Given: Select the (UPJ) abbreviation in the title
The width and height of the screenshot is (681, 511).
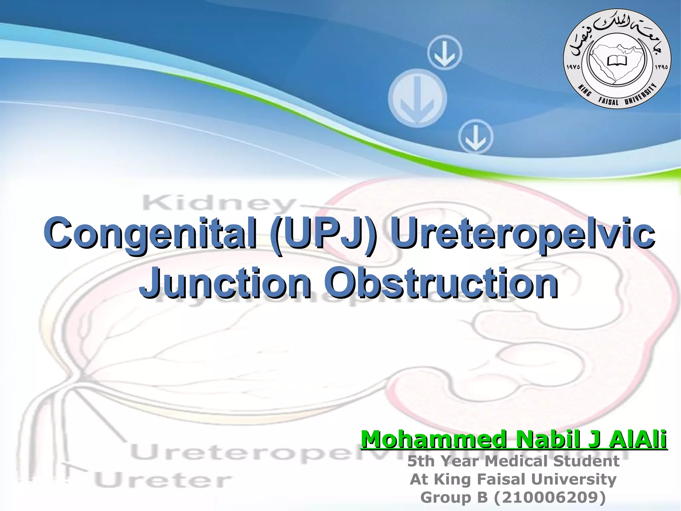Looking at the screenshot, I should point(324,233).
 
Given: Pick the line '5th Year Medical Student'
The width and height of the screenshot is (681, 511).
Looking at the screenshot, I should point(513,461).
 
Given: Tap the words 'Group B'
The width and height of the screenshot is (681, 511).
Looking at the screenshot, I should point(454,498).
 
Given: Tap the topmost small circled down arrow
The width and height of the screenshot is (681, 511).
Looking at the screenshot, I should point(445,53).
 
